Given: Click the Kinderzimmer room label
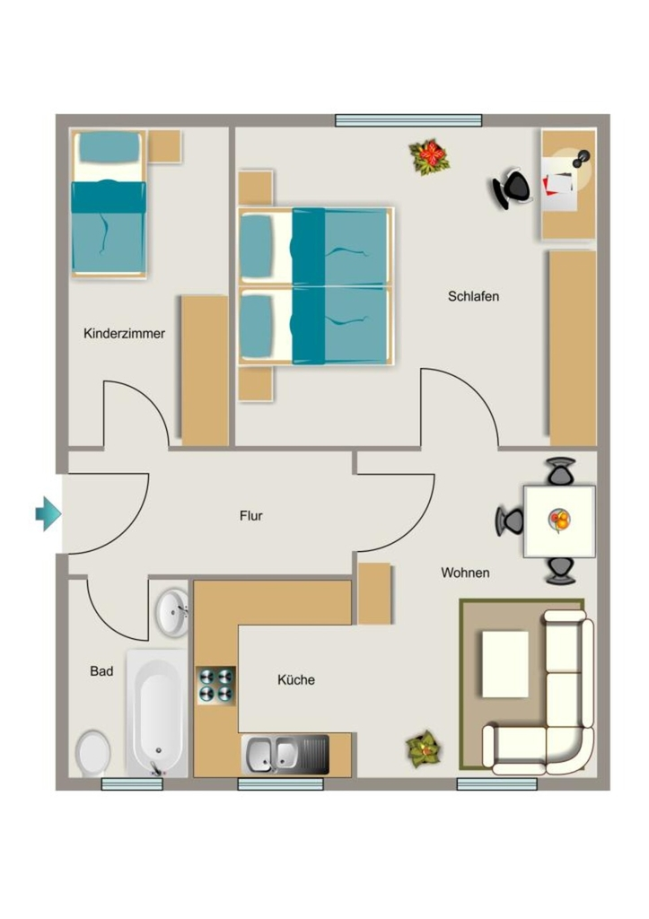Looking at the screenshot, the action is point(124,334).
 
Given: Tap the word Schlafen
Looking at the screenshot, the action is point(473,296).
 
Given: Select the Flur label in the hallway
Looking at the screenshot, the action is point(251,516).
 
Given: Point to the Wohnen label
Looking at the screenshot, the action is point(465,573).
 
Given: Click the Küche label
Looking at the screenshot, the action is point(296,680).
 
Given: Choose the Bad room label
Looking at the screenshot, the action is point(101,671).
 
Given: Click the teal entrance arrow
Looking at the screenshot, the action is point(48,514).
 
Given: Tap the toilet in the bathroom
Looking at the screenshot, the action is point(93,753).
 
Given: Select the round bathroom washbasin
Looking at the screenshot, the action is point(171,611).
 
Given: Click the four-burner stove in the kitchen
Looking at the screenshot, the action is point(215,686).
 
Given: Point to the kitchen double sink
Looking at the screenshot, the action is point(285,754).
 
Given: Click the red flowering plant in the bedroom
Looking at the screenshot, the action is point(430,156).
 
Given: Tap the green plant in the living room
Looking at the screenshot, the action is point(424,749).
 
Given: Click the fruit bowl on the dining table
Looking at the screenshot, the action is point(560,520).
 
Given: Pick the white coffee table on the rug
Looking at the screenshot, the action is point(504,664).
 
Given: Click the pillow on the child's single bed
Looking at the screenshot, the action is point(110,148).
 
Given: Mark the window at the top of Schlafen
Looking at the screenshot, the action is point(408,120).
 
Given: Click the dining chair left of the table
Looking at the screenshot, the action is point(509,521).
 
